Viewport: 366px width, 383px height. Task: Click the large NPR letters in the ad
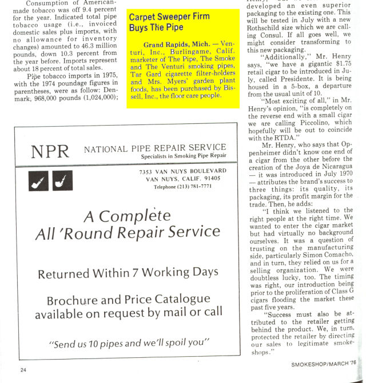(50, 151)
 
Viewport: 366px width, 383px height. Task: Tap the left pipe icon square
(38, 181)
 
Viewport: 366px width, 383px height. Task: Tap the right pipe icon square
(62, 181)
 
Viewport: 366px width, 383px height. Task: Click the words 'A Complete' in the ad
(126, 216)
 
